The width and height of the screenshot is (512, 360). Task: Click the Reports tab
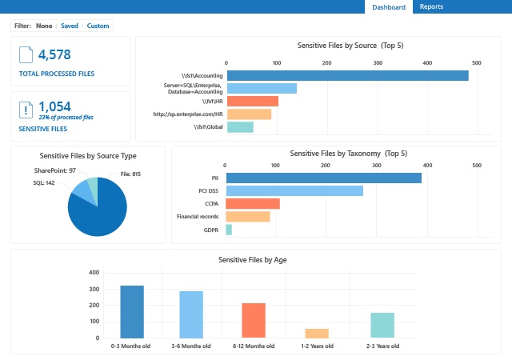point(431,7)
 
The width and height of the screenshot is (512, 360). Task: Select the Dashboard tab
point(389,7)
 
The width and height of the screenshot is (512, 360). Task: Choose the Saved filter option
point(70,26)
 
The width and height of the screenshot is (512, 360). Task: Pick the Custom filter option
point(98,26)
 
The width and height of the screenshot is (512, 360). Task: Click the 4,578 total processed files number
point(55,54)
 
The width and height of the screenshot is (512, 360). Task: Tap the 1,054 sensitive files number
point(54,106)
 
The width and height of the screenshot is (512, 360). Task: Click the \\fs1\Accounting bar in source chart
point(347,75)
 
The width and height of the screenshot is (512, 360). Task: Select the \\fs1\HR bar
point(253,101)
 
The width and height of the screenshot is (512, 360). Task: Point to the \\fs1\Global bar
point(240,126)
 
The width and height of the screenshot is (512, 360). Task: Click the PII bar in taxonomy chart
point(323,178)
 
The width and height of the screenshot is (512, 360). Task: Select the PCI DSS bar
point(294,190)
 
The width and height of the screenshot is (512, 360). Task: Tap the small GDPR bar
point(229,230)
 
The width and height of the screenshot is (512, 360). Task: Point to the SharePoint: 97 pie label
point(55,170)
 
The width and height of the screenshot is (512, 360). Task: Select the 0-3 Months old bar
point(132,311)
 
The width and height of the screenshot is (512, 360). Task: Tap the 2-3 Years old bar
point(382,325)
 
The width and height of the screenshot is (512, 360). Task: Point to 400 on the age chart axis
point(94,272)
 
